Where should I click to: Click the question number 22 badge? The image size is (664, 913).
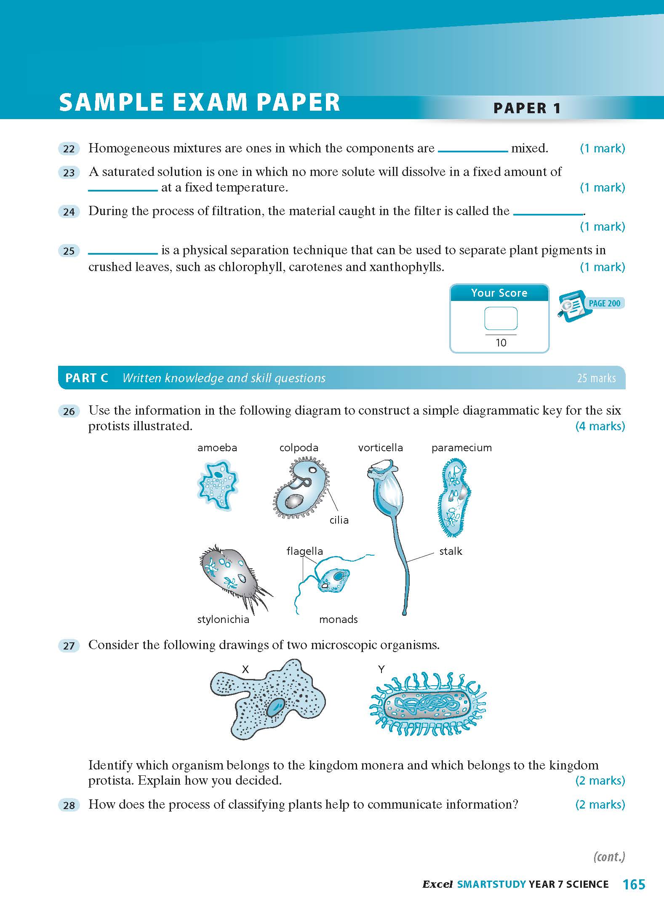pyautogui.click(x=69, y=149)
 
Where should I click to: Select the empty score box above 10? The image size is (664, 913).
pyautogui.click(x=501, y=318)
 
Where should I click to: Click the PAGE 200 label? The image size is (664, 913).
pyautogui.click(x=604, y=303)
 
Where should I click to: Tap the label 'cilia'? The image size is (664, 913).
pyautogui.click(x=339, y=520)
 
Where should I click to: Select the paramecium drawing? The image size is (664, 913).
pyautogui.click(x=454, y=497)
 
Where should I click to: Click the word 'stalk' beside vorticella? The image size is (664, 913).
pyautogui.click(x=451, y=551)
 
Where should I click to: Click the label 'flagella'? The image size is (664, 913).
pyautogui.click(x=304, y=551)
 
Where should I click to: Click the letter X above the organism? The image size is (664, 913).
pyautogui.click(x=245, y=669)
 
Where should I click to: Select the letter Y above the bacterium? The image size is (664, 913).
pyautogui.click(x=381, y=669)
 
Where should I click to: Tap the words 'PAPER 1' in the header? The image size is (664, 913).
pyautogui.click(x=527, y=108)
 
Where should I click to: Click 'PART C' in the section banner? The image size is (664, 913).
pyautogui.click(x=87, y=378)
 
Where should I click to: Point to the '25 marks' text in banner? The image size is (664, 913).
pyautogui.click(x=596, y=378)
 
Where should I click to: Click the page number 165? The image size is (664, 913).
pyautogui.click(x=634, y=884)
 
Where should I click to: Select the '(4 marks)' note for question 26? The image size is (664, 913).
pyautogui.click(x=600, y=426)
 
